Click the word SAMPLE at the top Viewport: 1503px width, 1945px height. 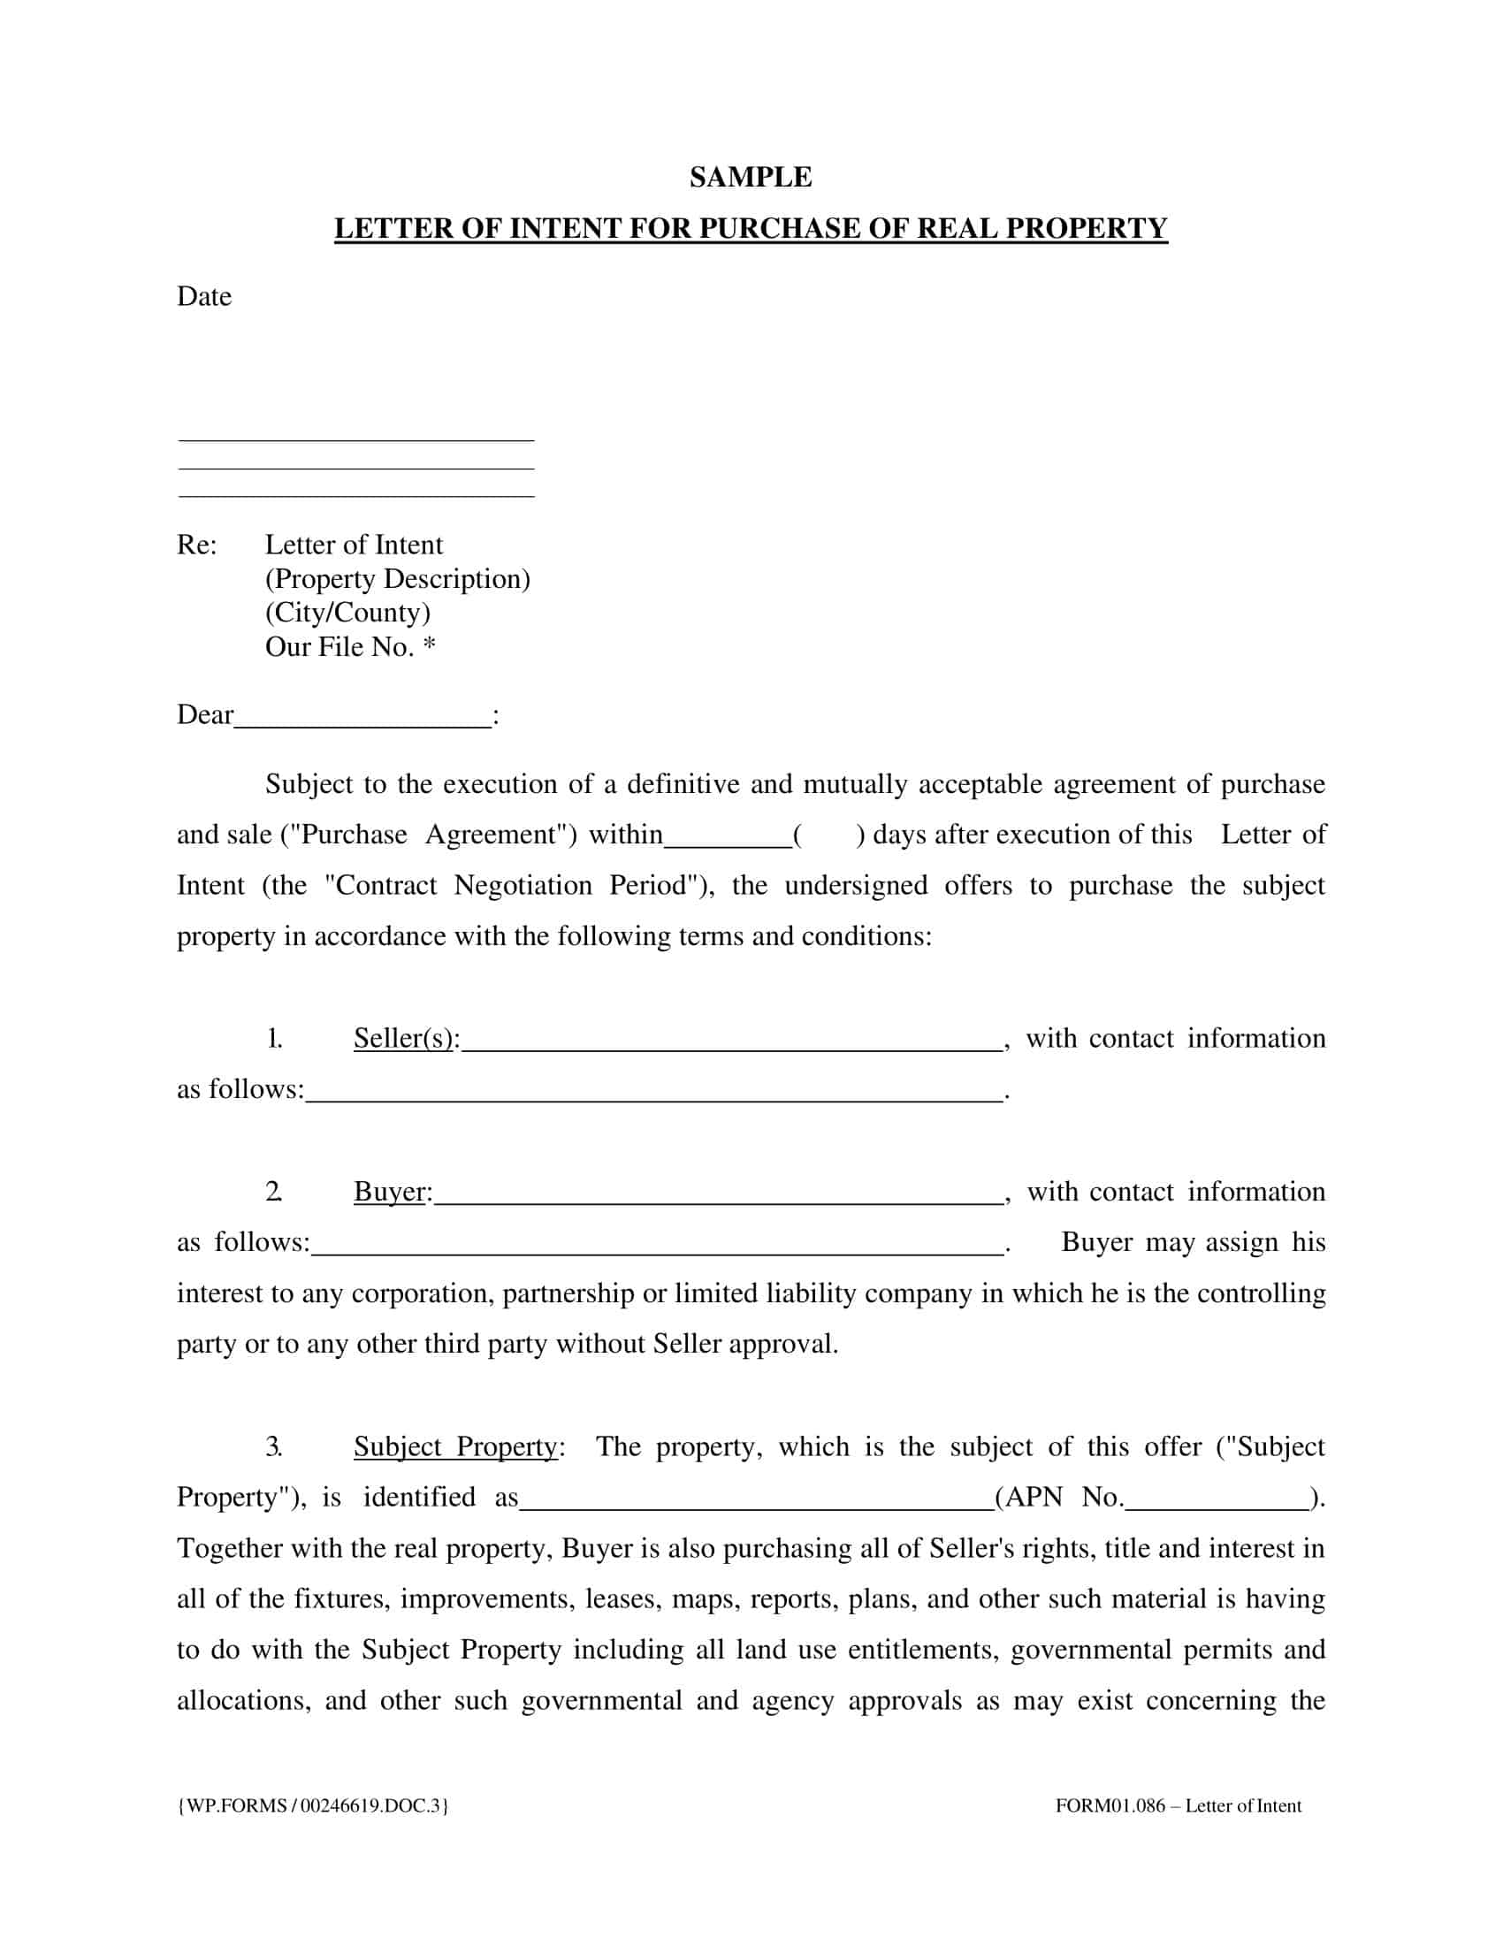[751, 177]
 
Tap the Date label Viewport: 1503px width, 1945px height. [204, 296]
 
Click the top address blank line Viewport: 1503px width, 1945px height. [356, 439]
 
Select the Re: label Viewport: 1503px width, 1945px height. [197, 545]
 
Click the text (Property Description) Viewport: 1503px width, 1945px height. [397, 579]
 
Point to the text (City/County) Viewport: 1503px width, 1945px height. [347, 613]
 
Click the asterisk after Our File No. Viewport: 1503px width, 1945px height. [429, 645]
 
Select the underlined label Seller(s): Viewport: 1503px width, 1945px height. [406, 1039]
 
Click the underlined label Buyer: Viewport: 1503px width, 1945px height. [393, 1192]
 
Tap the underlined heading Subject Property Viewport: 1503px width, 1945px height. [456, 1446]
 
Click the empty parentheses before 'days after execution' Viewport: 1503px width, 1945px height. [828, 835]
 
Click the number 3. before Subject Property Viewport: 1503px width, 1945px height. [274, 1446]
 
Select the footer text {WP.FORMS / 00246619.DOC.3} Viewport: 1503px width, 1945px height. [314, 1806]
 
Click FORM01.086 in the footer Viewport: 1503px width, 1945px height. [1110, 1806]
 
